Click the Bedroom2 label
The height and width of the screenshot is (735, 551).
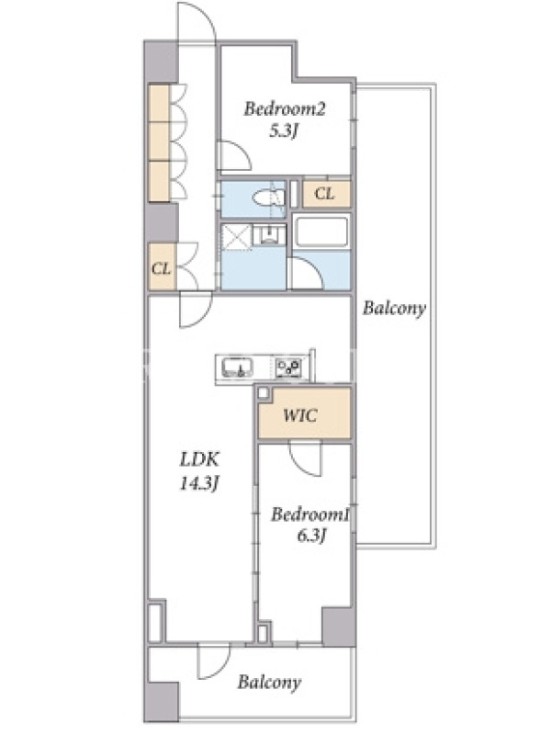(284, 109)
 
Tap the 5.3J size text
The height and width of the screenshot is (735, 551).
(284, 130)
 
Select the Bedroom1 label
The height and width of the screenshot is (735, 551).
(310, 514)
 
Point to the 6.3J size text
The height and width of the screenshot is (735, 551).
(311, 536)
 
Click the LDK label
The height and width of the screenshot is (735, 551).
(199, 459)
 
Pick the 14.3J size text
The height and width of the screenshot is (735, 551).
(199, 483)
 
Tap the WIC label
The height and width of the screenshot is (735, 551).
(300, 415)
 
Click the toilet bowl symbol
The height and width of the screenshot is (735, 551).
(268, 198)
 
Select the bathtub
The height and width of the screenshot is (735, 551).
(321, 232)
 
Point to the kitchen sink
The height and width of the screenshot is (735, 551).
(237, 367)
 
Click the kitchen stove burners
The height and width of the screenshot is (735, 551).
(288, 367)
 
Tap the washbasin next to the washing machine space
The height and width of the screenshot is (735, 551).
(269, 234)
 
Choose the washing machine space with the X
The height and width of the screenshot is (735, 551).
(237, 238)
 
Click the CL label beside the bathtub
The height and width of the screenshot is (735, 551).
(324, 193)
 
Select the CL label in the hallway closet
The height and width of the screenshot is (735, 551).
(161, 268)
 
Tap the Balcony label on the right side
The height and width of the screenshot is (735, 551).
(395, 308)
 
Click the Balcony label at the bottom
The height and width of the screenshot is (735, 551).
(269, 682)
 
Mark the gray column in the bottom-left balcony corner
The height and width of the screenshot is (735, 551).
(162, 701)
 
